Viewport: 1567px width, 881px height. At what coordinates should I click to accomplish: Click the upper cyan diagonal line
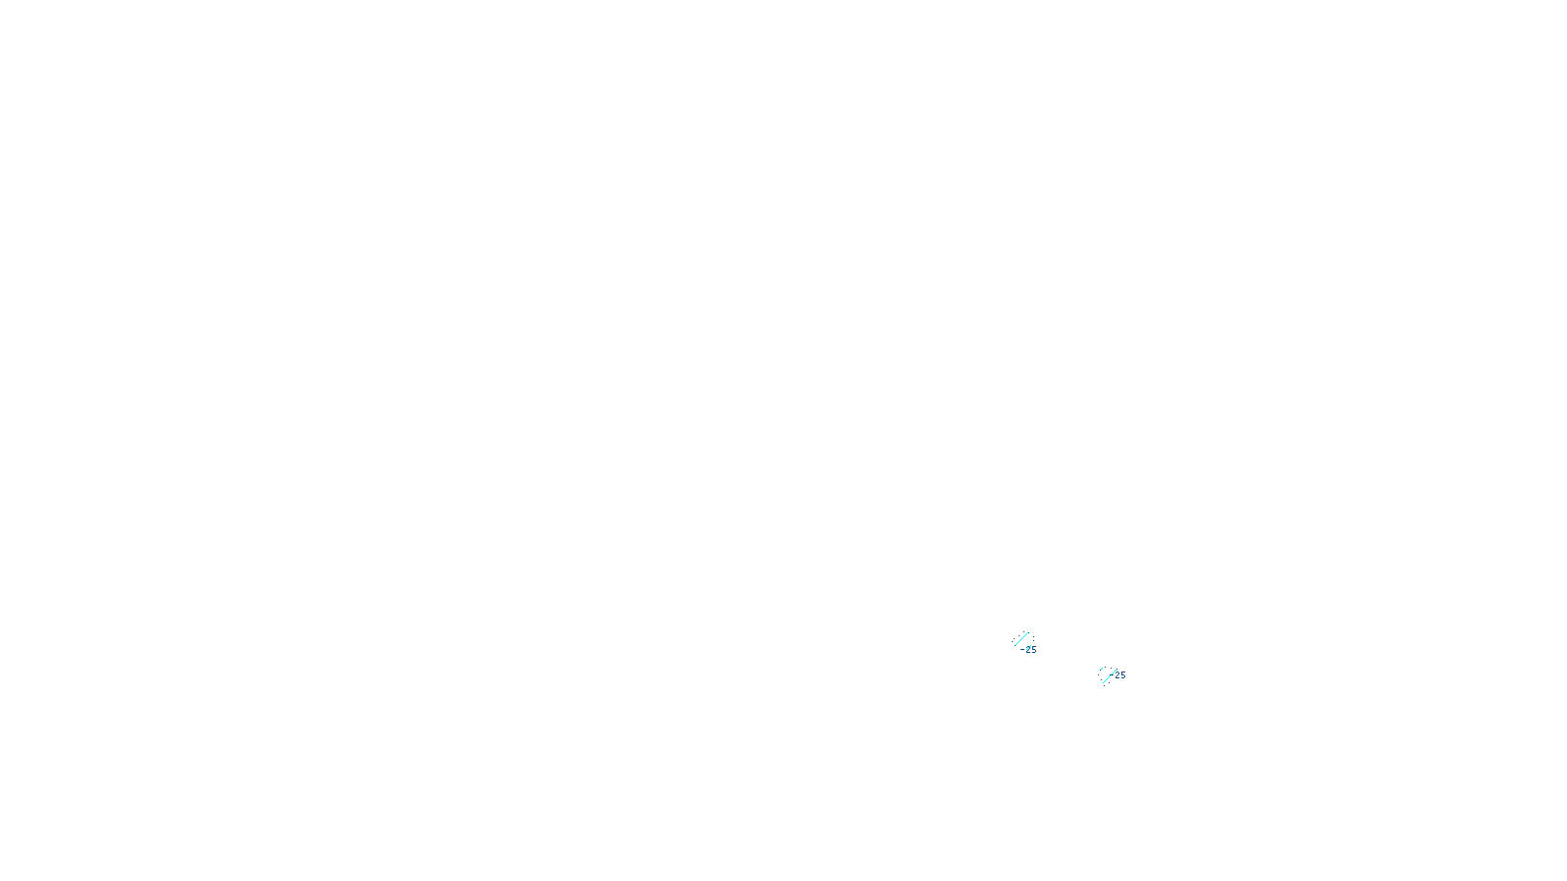pyautogui.click(x=1022, y=639)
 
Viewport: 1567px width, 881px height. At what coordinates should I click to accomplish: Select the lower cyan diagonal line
pyautogui.click(x=1109, y=674)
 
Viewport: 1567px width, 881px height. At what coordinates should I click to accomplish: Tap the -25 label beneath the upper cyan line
pyautogui.click(x=1028, y=650)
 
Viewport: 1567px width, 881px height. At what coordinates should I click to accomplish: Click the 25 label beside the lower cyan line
pyautogui.click(x=1120, y=675)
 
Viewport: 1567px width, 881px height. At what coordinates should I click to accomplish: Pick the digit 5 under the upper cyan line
pyautogui.click(x=1033, y=650)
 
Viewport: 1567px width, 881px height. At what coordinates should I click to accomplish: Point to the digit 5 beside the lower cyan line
pyautogui.click(x=1123, y=675)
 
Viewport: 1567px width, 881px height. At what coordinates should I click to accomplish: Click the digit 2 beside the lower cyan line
pyautogui.click(x=1117, y=675)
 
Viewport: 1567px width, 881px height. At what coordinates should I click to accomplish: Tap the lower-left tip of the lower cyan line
pyautogui.click(x=1102, y=682)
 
